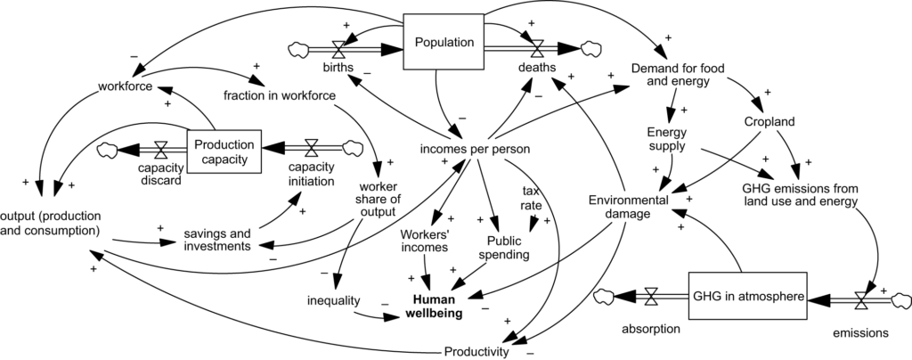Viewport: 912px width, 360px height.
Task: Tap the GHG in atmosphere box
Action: (748, 295)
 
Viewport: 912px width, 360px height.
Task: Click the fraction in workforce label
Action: (280, 94)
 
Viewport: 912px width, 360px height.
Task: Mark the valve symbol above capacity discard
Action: (160, 150)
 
